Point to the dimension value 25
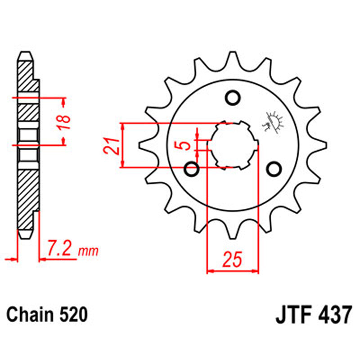pos(233,260)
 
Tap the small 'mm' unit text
pos(89,251)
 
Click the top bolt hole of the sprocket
pos(232,97)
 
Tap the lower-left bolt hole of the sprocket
pos(192,170)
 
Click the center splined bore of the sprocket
pos(233,145)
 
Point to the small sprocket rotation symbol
pos(273,121)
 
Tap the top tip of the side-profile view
pos(26,54)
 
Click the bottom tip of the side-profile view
pos(26,236)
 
